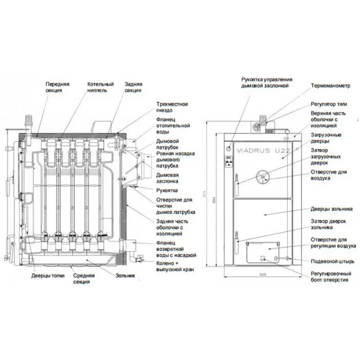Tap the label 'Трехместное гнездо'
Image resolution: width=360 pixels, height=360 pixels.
pyautogui.click(x=172, y=107)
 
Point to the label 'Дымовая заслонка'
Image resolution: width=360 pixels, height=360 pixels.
pyautogui.click(x=167, y=178)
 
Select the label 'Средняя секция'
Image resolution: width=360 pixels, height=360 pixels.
pyautogui.click(x=85, y=279)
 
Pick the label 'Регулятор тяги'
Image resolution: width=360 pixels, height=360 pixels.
pyautogui.click(x=328, y=103)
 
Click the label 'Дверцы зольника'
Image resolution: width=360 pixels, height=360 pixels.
pyautogui.click(x=330, y=209)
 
